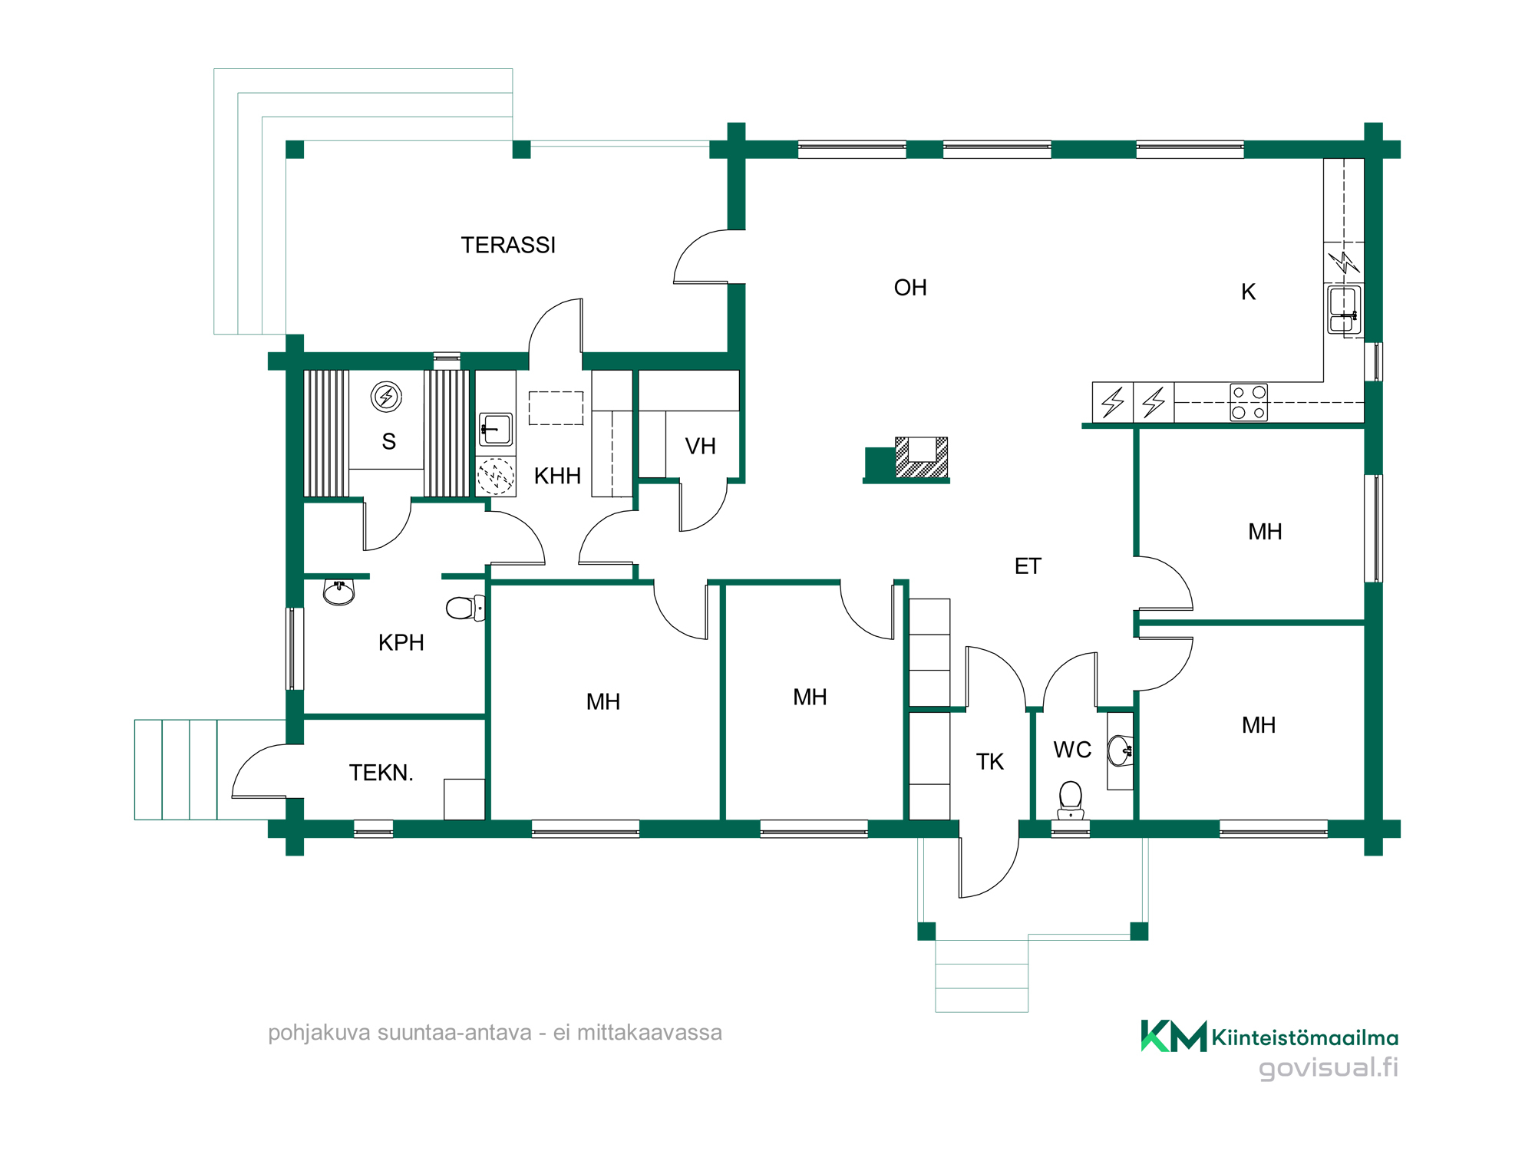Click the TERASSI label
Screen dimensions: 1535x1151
click(508, 245)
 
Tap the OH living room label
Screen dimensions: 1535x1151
click(910, 288)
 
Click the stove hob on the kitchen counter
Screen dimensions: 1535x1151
click(1249, 402)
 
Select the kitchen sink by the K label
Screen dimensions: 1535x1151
click(1344, 310)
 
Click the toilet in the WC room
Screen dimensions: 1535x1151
click(1071, 800)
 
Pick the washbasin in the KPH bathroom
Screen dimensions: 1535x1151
click(338, 592)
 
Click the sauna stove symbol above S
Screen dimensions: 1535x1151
click(386, 397)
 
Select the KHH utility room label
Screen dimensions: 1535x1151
click(557, 476)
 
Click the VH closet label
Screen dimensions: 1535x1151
click(700, 446)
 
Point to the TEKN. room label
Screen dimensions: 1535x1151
click(381, 773)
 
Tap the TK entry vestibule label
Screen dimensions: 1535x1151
click(989, 761)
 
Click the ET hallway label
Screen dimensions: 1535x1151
click(1028, 566)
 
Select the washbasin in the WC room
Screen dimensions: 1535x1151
click(1120, 750)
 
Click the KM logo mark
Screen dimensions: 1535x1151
click(1174, 1036)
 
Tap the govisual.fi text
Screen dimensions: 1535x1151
click(1328, 1067)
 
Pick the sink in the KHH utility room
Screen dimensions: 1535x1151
click(496, 430)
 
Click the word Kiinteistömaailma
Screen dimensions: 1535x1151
click(1305, 1038)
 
